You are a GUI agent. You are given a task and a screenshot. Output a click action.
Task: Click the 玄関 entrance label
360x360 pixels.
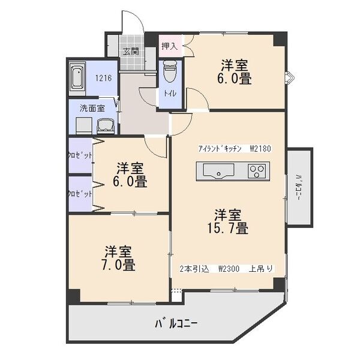(131, 52)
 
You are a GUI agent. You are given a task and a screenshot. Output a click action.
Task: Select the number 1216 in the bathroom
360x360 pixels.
(104, 77)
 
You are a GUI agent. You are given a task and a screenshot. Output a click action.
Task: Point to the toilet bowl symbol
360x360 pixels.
(170, 73)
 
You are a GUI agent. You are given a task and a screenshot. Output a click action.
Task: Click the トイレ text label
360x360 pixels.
(170, 94)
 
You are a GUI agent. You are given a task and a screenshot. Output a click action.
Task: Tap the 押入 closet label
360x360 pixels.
(169, 46)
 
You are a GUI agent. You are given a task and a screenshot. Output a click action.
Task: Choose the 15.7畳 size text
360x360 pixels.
(229, 221)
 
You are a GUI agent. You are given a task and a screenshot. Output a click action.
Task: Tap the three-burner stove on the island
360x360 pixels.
(257, 173)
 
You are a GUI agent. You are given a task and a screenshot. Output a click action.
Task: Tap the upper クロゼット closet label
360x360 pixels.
(79, 155)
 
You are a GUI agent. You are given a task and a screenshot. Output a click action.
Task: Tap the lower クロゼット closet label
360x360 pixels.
(79, 194)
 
